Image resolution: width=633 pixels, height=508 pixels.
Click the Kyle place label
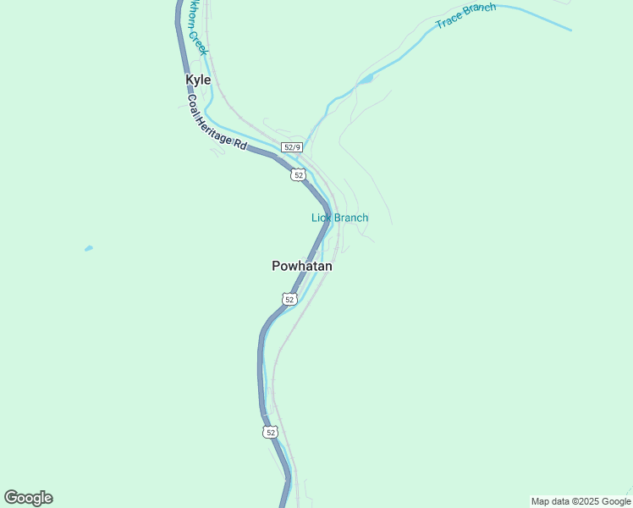coord(198,80)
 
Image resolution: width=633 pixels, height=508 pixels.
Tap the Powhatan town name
coord(302,266)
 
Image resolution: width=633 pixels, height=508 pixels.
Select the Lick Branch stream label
coord(339,218)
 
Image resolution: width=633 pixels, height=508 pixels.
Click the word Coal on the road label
coord(194,105)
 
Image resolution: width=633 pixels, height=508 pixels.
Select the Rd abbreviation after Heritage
coord(241,146)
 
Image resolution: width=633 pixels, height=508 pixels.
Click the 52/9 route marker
coord(292,147)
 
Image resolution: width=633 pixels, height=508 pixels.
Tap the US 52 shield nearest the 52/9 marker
coord(297,174)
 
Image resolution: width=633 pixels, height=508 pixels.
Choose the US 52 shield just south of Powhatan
coord(289,299)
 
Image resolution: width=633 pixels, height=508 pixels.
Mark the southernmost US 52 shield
coord(270,432)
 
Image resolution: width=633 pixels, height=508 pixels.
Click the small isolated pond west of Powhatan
coord(89,249)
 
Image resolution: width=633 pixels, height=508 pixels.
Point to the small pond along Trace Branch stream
coord(366,80)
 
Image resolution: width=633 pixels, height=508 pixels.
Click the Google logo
coord(28,498)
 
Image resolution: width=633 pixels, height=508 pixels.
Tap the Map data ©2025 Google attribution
coord(581,501)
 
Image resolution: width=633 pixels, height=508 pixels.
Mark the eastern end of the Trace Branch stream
coord(570,30)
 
